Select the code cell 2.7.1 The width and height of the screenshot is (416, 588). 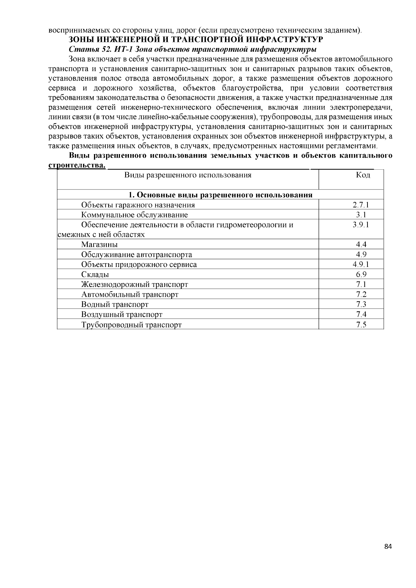pos(361,205)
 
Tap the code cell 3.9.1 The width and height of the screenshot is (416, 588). pos(361,224)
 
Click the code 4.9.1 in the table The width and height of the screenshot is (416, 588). pos(361,265)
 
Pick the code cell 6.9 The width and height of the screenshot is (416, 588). pos(361,275)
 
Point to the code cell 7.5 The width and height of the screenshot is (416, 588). pos(361,325)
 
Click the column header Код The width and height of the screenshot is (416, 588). pos(363,175)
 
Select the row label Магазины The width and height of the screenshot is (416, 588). pos(99,244)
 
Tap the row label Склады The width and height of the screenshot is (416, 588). pos(95,275)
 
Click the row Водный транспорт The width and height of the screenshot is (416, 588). pos(115,305)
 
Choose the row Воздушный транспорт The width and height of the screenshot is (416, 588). pos(122,315)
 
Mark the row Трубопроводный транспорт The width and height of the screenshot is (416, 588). pos(131,325)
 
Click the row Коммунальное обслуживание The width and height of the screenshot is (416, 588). pos(134,215)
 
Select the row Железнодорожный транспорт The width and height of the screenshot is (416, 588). pos(135,285)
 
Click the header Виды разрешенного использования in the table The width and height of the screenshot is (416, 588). pos(188,175)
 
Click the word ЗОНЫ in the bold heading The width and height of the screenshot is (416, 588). pos(80,39)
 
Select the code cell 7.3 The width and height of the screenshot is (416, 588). pos(361,305)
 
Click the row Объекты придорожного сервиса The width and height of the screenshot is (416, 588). pos(139,265)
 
